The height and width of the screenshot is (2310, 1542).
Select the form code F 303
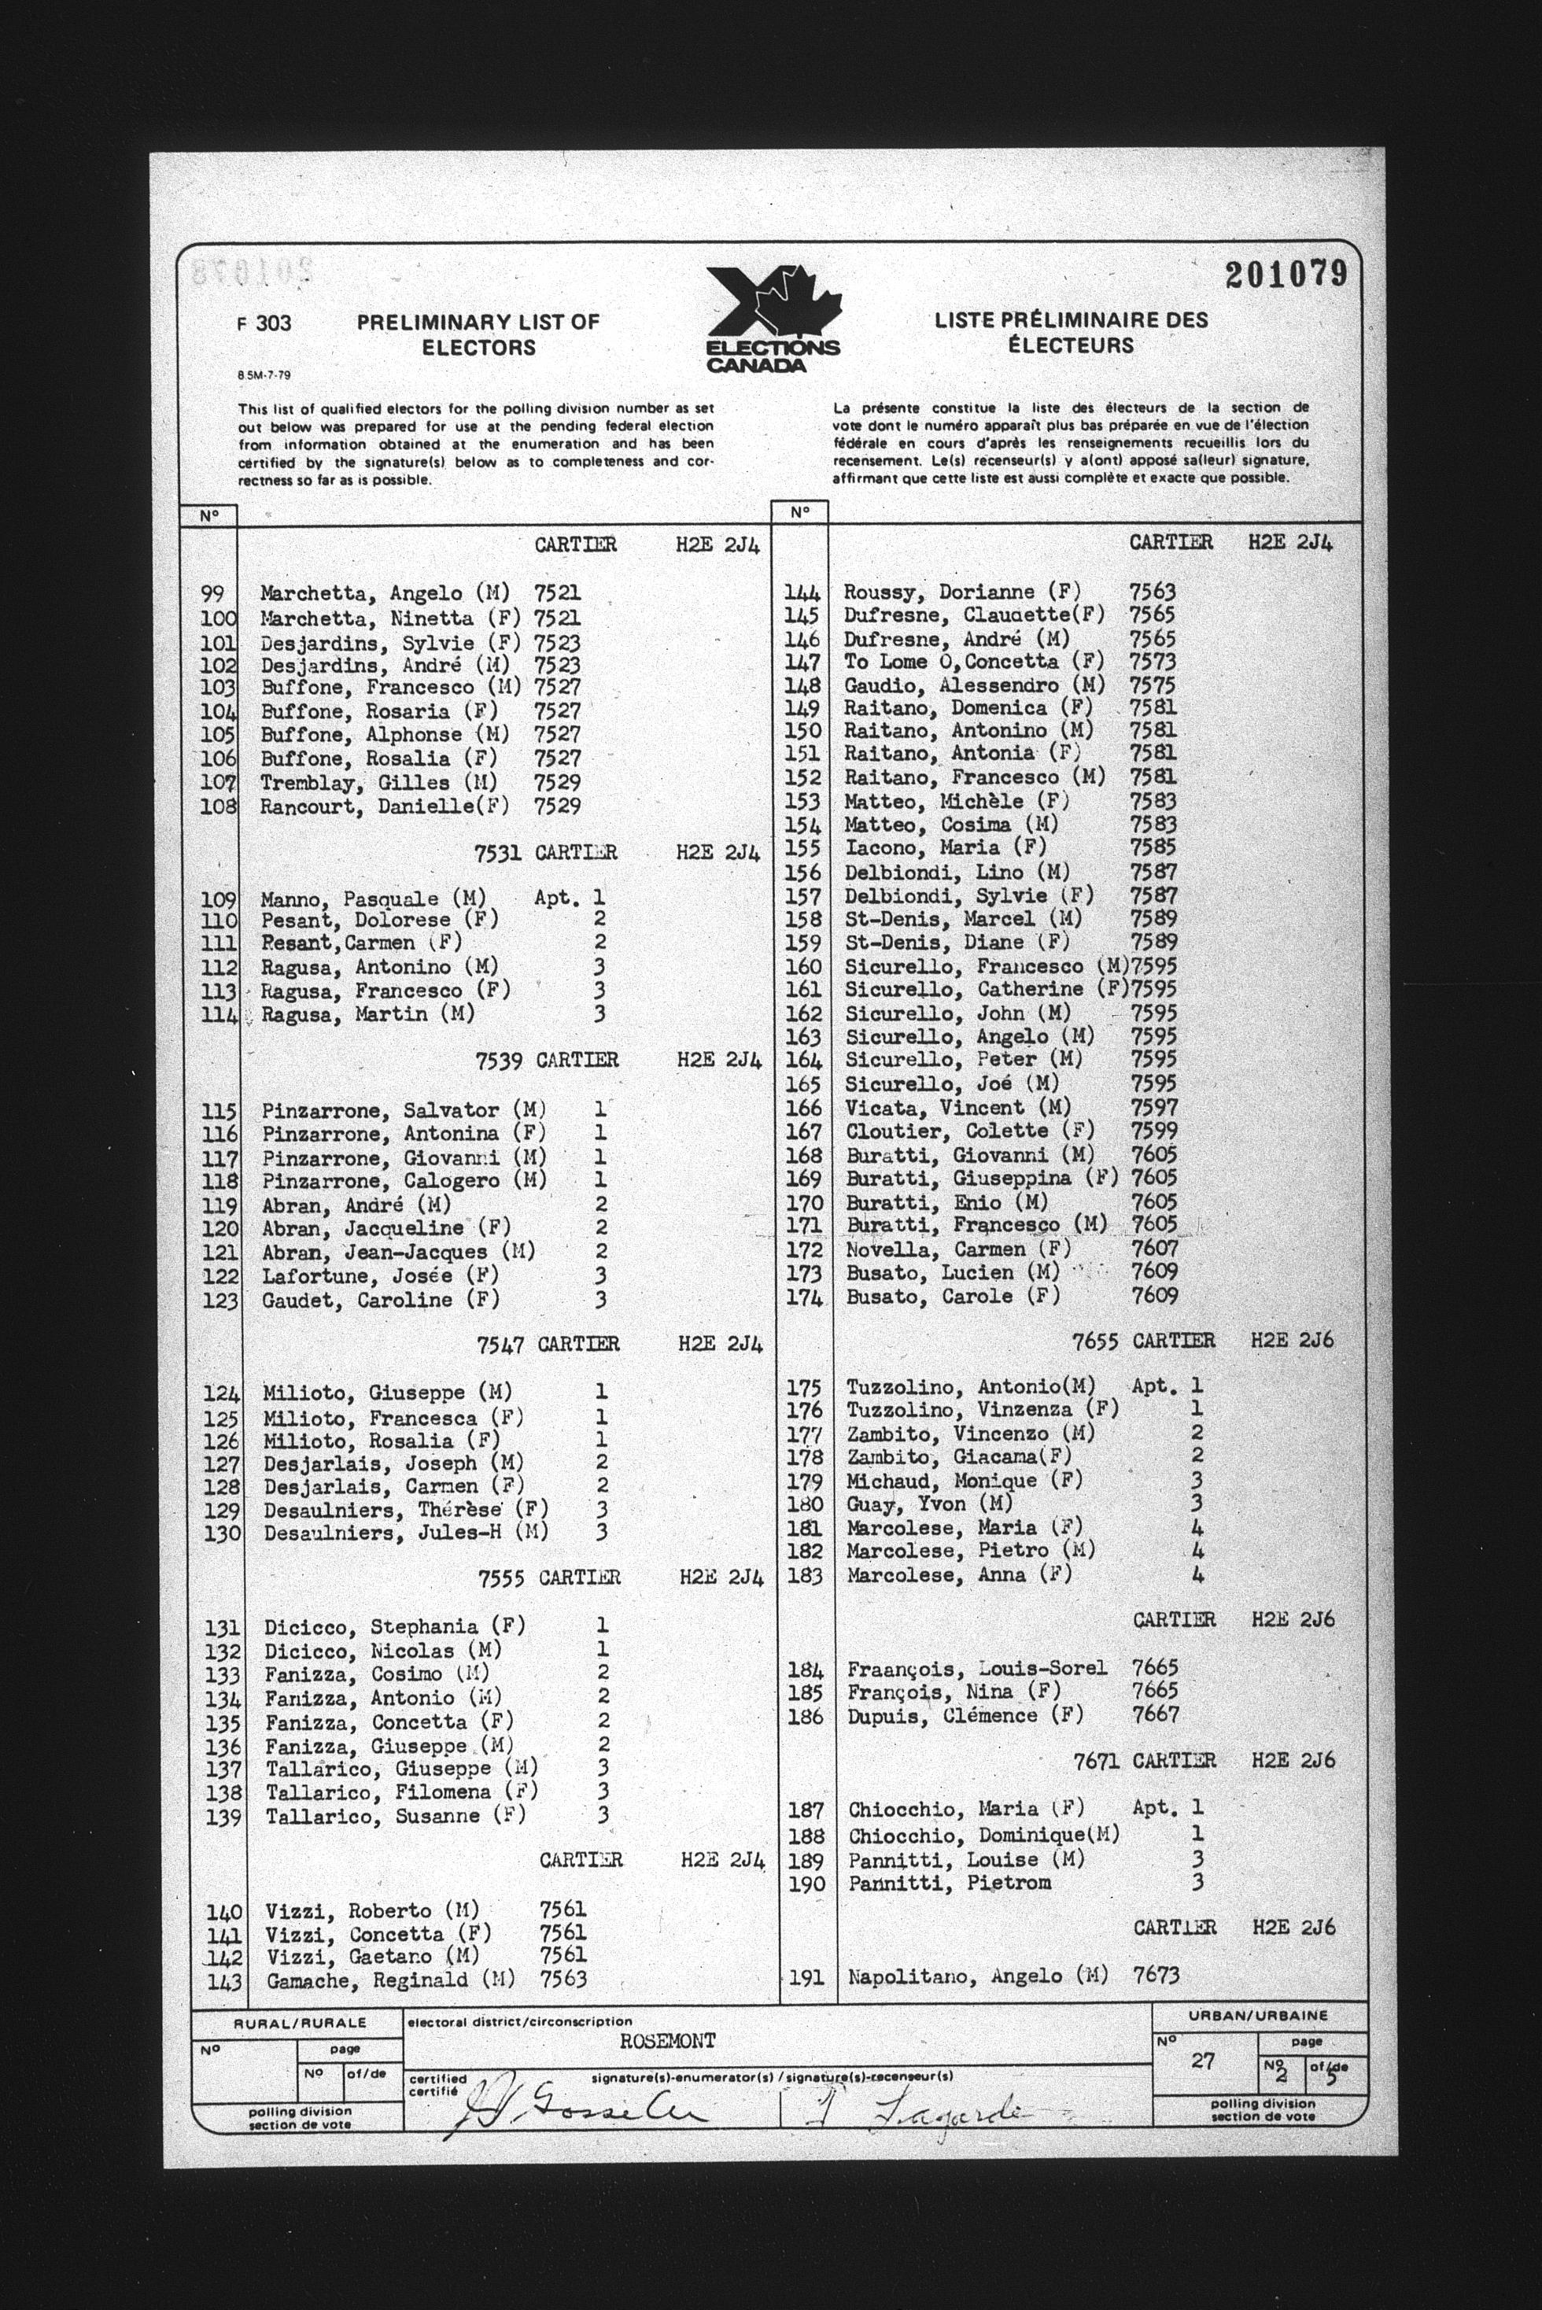click(264, 323)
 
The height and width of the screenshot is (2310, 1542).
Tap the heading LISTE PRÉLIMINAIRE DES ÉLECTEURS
click(1071, 332)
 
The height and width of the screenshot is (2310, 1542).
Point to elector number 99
click(212, 594)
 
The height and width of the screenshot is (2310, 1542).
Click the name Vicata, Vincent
click(920, 1107)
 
